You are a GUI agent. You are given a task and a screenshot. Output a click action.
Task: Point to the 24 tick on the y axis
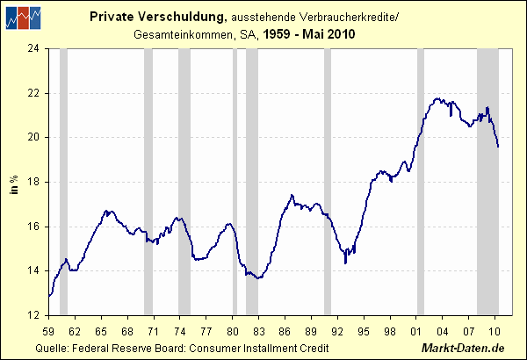pyautogui.click(x=36, y=48)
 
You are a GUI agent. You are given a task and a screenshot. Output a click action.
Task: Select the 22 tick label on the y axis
pyautogui.click(x=36, y=93)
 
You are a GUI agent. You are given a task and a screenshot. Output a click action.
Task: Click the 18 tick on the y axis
pyautogui.click(x=36, y=182)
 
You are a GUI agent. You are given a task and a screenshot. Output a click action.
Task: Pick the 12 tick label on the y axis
pyautogui.click(x=36, y=314)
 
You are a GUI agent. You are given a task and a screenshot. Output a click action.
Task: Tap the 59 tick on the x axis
pyautogui.click(x=48, y=330)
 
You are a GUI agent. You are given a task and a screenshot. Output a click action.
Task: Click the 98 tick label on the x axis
pyautogui.click(x=390, y=330)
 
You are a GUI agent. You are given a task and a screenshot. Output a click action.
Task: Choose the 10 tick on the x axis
pyautogui.click(x=495, y=330)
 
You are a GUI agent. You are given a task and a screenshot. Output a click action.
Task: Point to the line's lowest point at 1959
pyautogui.click(x=49, y=296)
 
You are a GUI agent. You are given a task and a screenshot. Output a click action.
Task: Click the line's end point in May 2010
pyautogui.click(x=498, y=147)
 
